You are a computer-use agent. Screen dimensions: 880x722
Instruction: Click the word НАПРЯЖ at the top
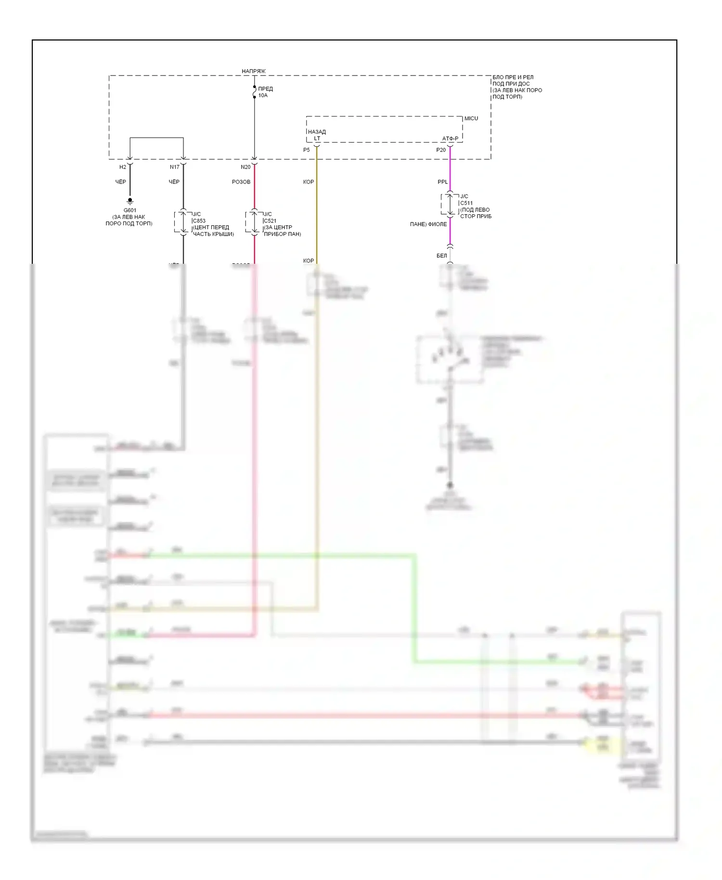pos(253,71)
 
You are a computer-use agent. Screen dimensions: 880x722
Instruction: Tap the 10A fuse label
pos(263,95)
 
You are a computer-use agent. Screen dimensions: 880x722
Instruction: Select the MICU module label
pos(471,118)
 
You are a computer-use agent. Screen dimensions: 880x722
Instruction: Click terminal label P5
pos(307,150)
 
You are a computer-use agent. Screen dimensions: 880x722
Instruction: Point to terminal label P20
pos(441,150)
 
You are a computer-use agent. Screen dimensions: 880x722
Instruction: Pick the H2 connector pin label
pos(123,167)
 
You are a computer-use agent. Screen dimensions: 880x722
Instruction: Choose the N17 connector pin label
pos(175,167)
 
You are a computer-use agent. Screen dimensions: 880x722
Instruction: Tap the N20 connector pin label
pos(245,167)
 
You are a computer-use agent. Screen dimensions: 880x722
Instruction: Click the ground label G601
pos(130,210)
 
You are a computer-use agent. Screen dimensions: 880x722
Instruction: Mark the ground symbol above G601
pos(130,201)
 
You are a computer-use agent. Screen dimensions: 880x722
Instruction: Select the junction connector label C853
pos(199,221)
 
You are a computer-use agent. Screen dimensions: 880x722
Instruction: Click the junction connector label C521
pos(270,221)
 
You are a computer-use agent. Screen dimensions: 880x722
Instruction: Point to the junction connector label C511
pos(466,203)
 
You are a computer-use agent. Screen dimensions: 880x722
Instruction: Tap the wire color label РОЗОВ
pos(241,182)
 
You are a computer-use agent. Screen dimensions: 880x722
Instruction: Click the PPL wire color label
pos(443,182)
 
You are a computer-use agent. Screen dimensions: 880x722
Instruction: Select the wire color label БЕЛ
pos(442,256)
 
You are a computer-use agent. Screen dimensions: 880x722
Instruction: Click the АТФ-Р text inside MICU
pos(451,139)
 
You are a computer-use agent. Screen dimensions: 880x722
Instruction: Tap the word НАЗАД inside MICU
pos(317,132)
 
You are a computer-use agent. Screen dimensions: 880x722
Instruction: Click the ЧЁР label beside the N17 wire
pos(174,182)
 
